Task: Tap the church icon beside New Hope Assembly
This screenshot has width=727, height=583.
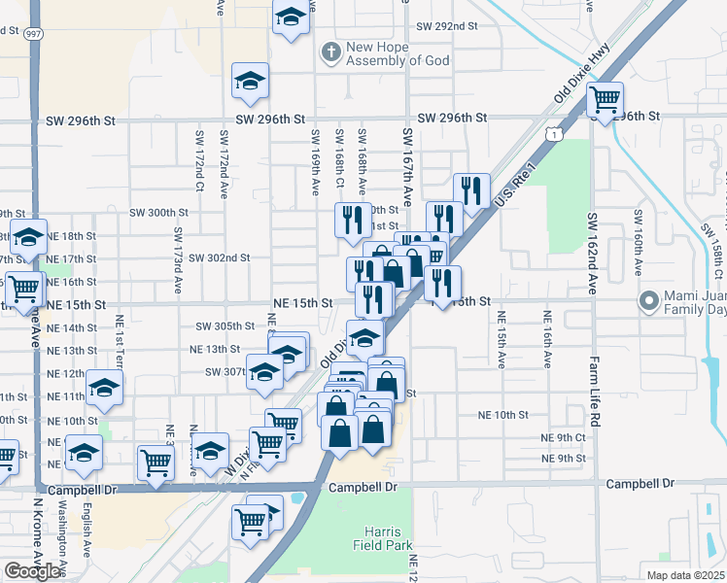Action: tap(331, 52)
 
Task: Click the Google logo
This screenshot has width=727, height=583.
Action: tap(33, 571)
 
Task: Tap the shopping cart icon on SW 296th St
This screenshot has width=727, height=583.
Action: tap(605, 99)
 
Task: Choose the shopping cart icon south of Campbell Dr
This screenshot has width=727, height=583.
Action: tap(249, 522)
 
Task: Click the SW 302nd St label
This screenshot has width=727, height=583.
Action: tap(220, 258)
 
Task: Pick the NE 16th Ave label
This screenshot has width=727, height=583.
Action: tap(547, 339)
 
